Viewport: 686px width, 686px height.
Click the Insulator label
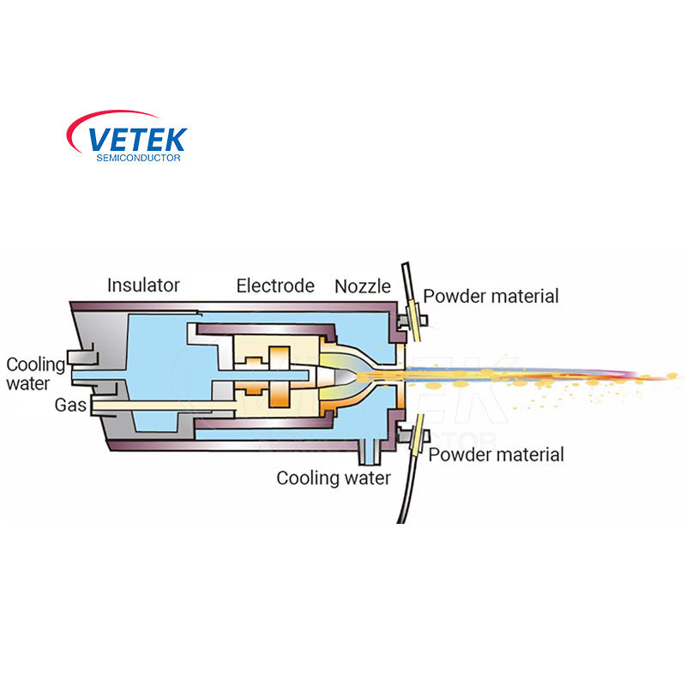point(143,286)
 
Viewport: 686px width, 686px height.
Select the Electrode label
point(275,286)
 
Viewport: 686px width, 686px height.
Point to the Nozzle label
point(363,286)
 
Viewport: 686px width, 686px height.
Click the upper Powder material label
point(491,297)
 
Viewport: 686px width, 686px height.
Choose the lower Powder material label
point(496,454)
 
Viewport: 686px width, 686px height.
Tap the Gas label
point(71,404)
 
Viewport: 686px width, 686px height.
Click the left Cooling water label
point(34,374)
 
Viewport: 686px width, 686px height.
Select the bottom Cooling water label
point(333,478)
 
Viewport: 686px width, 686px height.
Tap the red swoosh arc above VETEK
point(120,117)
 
